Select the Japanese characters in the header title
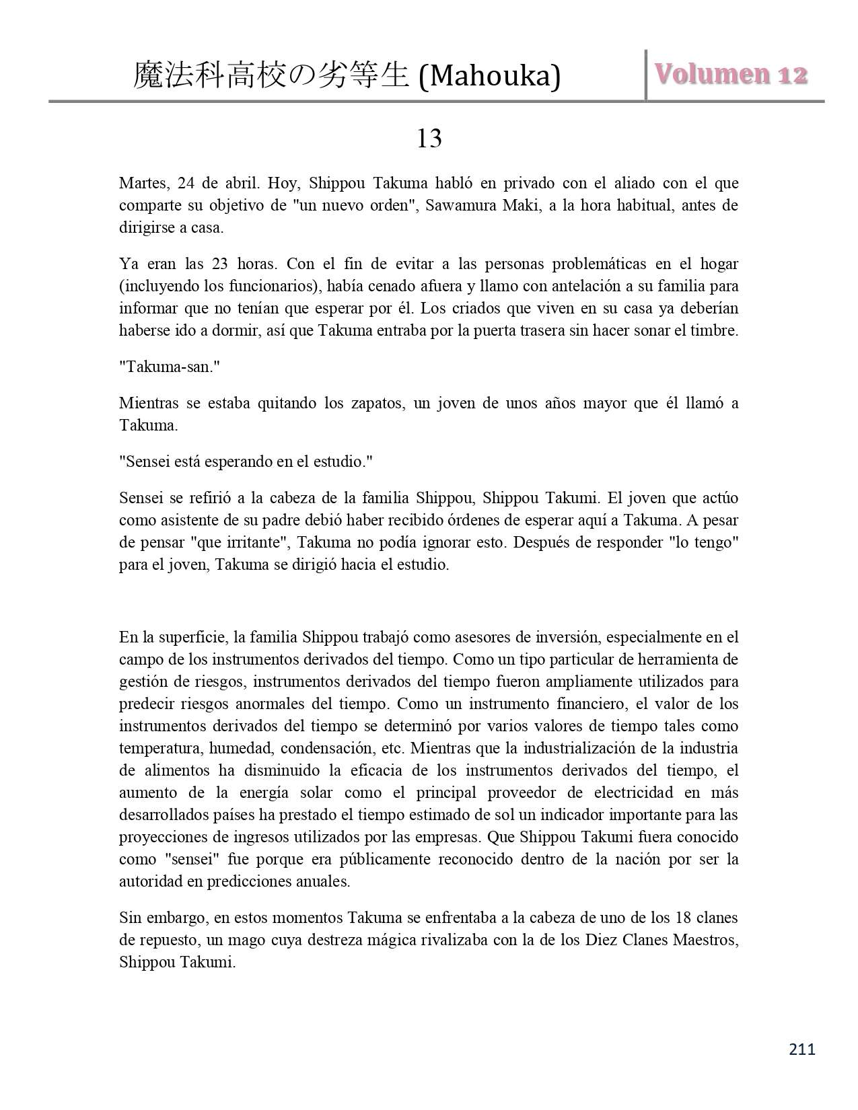coord(271,76)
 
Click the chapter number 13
coord(429,139)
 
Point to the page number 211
coord(801,1049)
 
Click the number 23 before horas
coord(220,264)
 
